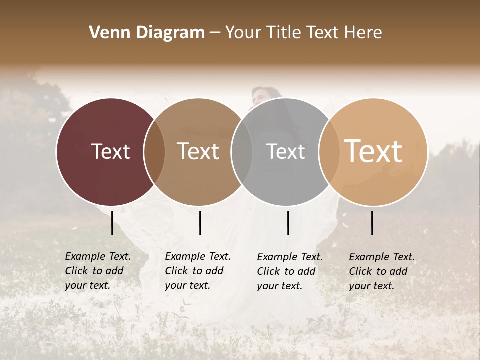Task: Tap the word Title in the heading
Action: (x=283, y=33)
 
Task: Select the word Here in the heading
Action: (x=363, y=33)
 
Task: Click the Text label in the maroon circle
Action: (x=110, y=151)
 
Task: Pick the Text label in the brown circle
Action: (x=198, y=151)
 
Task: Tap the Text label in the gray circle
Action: (x=285, y=151)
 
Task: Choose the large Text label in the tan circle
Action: (x=373, y=151)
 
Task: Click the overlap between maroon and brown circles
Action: (x=154, y=152)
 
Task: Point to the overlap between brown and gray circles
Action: (x=242, y=152)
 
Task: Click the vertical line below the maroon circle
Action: (x=112, y=223)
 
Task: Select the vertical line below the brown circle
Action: (x=200, y=223)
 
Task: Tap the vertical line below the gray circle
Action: (x=288, y=223)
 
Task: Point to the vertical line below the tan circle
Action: (x=372, y=223)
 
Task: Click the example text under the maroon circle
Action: (x=97, y=271)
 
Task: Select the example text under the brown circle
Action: (x=197, y=271)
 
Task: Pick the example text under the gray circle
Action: (x=289, y=271)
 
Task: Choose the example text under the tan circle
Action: (x=381, y=271)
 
